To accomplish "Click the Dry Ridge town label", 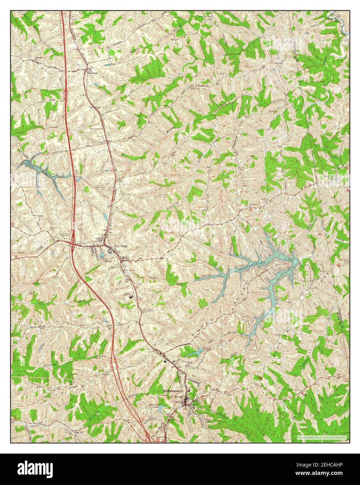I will (122, 246).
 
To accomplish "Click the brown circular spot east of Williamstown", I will (259, 378).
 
